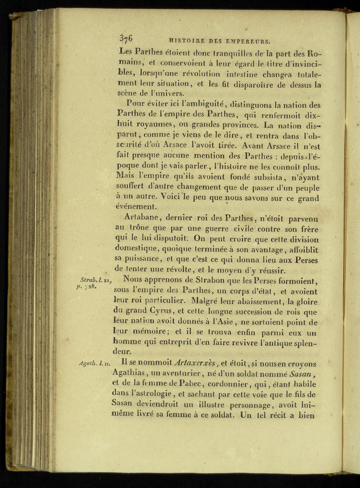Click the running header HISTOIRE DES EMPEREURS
point(219,41)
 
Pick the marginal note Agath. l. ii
point(93,364)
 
